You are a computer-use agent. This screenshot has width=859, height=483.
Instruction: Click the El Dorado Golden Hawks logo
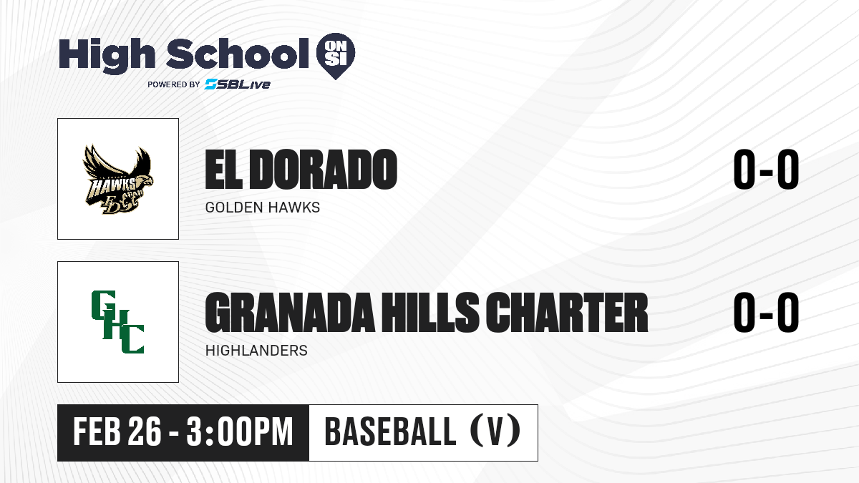point(118,179)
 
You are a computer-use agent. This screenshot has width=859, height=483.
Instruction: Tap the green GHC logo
point(117,322)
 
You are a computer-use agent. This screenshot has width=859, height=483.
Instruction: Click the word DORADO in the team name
point(325,170)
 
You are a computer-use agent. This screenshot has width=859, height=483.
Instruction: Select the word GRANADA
point(289,313)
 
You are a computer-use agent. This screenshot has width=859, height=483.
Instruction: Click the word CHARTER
point(567,313)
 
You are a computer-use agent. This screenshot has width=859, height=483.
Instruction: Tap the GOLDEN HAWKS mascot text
point(263,208)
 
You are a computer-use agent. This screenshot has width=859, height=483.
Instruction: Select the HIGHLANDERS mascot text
point(256,351)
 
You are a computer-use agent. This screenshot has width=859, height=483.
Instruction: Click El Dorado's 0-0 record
point(766,170)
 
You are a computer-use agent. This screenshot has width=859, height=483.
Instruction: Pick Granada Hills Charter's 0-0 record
point(766,313)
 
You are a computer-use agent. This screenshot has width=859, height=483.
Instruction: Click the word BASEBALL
point(390,432)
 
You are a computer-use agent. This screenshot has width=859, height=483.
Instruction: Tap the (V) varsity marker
point(495,431)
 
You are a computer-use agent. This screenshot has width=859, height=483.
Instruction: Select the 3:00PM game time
point(240,432)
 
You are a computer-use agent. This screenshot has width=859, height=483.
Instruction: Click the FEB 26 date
point(117,432)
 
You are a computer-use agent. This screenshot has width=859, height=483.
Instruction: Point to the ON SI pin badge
point(336,56)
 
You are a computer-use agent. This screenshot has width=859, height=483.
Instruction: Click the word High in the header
point(107,54)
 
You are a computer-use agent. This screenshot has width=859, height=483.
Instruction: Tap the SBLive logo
point(238,84)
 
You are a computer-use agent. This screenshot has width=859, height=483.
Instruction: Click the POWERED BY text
point(174,84)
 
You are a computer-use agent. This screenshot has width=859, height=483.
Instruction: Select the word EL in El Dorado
point(224,170)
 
